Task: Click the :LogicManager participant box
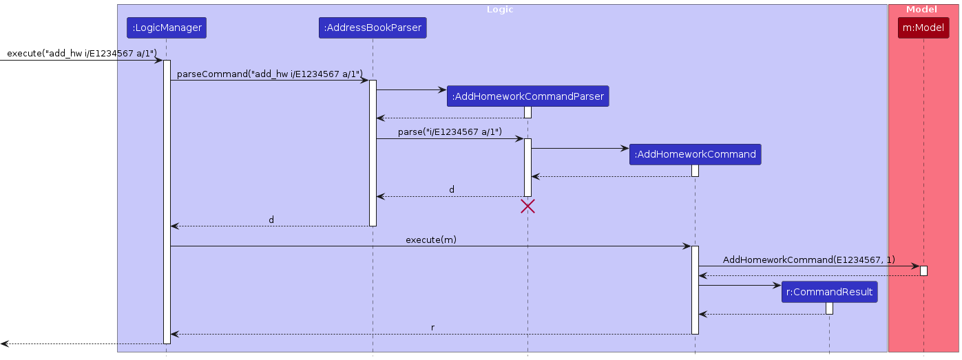tap(166, 28)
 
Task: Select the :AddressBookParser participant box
tap(373, 28)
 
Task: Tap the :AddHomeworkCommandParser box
tap(527, 96)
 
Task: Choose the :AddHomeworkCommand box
tap(695, 154)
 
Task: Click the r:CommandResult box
tap(829, 292)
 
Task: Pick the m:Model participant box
tap(923, 28)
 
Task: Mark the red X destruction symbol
tap(527, 206)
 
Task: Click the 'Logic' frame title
tap(500, 10)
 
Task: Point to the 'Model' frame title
tap(921, 10)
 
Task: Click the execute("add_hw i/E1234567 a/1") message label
tap(82, 53)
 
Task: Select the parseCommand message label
tap(270, 74)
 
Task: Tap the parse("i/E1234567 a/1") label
tap(450, 131)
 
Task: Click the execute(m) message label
tap(430, 240)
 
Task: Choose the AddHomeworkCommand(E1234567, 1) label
tap(809, 260)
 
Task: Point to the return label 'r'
tap(432, 328)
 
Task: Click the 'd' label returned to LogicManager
tap(271, 220)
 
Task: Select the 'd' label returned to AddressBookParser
tap(452, 189)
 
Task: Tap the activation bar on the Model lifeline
tap(923, 271)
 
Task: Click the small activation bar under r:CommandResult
tap(829, 308)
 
